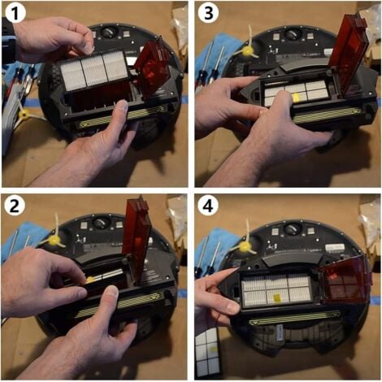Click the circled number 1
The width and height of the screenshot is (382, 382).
15,13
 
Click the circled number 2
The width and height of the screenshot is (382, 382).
15,206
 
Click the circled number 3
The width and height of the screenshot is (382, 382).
208,13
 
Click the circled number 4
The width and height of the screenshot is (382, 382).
208,206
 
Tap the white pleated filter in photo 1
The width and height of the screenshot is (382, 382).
93,71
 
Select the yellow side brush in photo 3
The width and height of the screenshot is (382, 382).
250,47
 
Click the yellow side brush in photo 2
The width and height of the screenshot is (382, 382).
55,237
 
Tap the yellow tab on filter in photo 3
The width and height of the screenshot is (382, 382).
295,98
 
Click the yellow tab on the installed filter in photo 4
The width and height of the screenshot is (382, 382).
277,297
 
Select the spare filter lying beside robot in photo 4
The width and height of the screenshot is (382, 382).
207,351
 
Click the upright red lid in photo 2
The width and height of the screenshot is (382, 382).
136,241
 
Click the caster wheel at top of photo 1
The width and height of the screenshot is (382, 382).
108,33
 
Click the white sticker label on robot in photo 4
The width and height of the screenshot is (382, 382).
335,247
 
